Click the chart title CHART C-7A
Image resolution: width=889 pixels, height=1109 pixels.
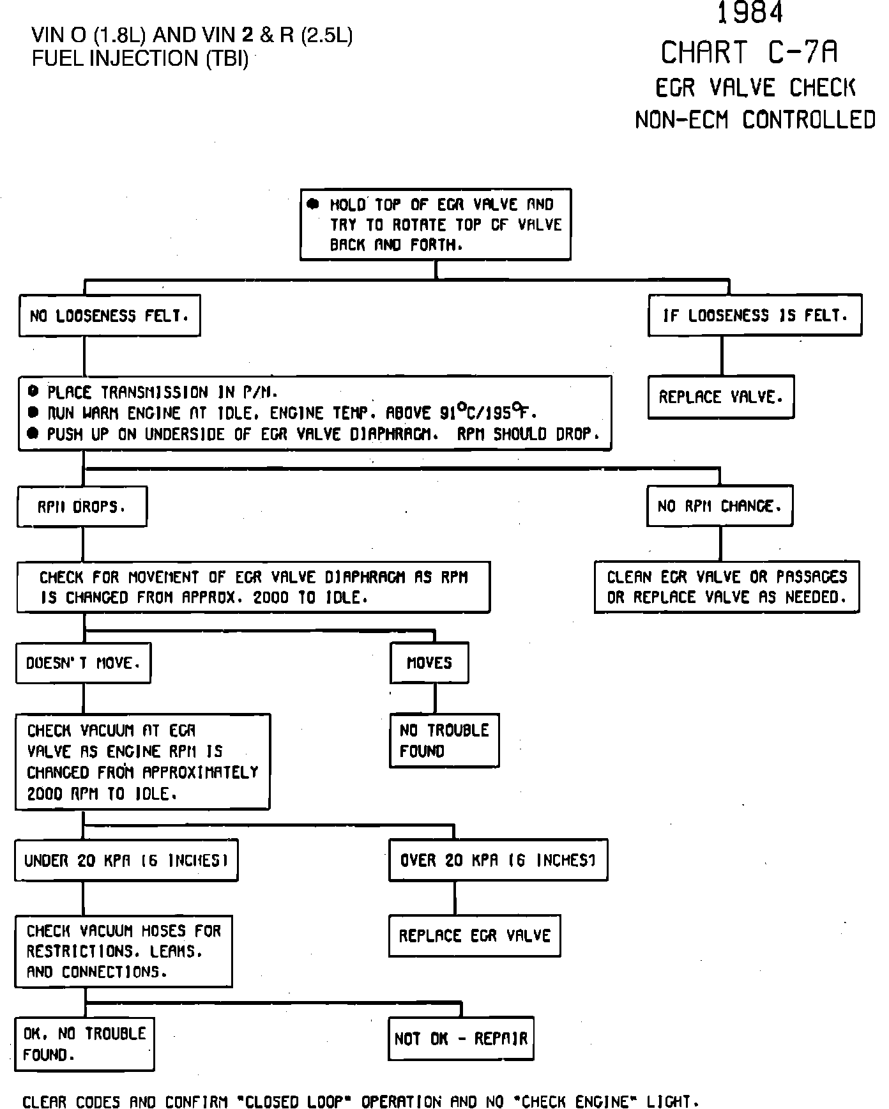coord(749,53)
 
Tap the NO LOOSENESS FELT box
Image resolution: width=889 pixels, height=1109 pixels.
coord(109,316)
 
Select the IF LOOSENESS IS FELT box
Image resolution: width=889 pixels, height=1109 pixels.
coord(755,316)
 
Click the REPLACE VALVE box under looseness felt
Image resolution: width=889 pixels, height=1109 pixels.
coord(720,397)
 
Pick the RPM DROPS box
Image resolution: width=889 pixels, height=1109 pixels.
coord(82,507)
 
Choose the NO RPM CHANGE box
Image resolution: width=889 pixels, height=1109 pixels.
coord(720,507)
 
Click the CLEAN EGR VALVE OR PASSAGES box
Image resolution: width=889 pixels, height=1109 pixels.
coord(727,587)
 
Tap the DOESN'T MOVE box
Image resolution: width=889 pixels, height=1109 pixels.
coord(83,663)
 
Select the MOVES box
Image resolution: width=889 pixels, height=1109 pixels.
coord(429,663)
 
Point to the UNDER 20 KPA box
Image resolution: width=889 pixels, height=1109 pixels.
coord(126,860)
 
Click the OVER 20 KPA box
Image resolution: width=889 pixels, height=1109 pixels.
coord(498,860)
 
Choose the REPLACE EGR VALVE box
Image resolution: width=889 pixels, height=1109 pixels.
coord(474,936)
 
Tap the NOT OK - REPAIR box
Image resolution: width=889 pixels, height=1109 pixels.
coord(461,1038)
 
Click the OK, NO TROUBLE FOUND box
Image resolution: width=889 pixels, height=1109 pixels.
coord(85,1044)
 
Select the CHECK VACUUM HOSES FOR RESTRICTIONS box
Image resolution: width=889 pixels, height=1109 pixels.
coord(124,951)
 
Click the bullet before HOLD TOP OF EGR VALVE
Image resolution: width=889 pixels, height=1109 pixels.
coord(313,204)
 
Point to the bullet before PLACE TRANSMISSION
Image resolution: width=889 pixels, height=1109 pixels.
coord(33,392)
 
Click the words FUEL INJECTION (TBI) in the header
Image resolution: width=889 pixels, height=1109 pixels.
coord(140,58)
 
